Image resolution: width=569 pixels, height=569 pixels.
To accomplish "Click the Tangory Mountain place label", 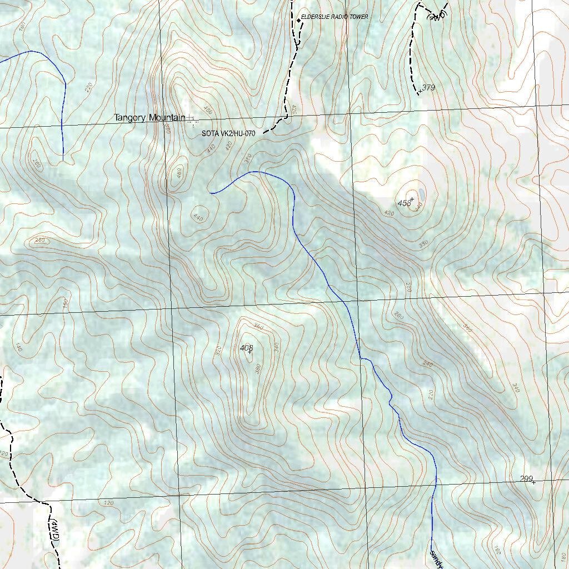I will click(149, 117).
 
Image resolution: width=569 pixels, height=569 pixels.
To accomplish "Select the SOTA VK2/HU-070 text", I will click(228, 133).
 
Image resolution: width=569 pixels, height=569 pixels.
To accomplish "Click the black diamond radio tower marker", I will click(298, 21).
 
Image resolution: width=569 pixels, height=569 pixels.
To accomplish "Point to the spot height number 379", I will click(428, 88).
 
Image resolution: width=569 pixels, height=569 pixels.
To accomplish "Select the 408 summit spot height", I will click(246, 348).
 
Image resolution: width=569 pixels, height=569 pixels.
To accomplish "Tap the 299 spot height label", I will click(526, 478).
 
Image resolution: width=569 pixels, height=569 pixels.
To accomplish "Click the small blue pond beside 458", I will click(422, 194).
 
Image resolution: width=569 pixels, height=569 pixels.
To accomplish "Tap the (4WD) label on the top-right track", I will click(437, 15).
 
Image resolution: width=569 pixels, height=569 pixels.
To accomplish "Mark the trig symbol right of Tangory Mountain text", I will click(191, 117).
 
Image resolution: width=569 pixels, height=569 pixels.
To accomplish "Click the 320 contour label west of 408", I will click(218, 351).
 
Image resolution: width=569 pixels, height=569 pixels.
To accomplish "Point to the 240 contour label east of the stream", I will click(427, 364).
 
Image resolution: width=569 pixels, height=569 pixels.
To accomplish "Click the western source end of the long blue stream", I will click(211, 193).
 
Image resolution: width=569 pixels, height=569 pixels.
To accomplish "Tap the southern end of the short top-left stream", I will click(63, 161).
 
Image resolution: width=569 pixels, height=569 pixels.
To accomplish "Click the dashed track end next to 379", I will click(418, 94).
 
